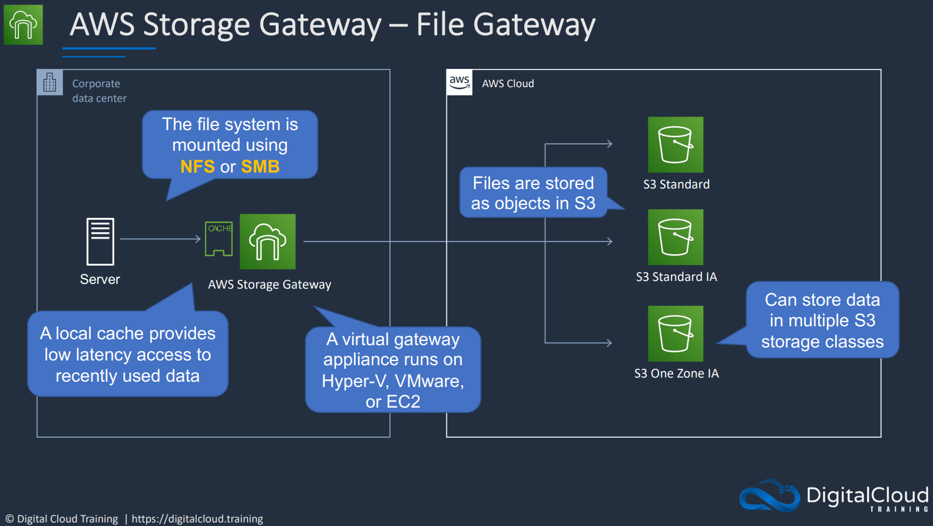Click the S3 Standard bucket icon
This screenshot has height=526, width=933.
pyautogui.click(x=676, y=144)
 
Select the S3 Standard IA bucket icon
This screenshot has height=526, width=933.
pyautogui.click(x=676, y=237)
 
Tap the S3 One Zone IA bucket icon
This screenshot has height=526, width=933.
pyautogui.click(x=676, y=333)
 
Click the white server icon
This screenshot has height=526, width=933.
pyautogui.click(x=100, y=242)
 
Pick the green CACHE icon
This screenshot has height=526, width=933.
pyautogui.click(x=219, y=239)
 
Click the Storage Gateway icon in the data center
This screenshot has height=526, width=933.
pyautogui.click(x=267, y=242)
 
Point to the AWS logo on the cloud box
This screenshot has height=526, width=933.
pyautogui.click(x=459, y=82)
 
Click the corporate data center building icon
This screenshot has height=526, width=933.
pyautogui.click(x=50, y=82)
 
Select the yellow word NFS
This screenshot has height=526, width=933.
pyautogui.click(x=197, y=167)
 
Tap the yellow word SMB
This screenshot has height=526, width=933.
pyautogui.click(x=260, y=167)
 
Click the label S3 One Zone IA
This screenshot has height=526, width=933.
pyautogui.click(x=676, y=373)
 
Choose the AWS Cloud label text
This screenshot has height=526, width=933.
pyautogui.click(x=508, y=83)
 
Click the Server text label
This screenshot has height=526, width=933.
pyautogui.click(x=100, y=279)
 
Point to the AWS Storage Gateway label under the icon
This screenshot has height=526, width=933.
pyautogui.click(x=270, y=284)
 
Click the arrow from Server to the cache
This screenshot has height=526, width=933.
pyautogui.click(x=160, y=239)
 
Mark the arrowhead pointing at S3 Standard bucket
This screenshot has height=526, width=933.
pyautogui.click(x=610, y=144)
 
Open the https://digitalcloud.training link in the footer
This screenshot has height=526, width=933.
pyautogui.click(x=197, y=519)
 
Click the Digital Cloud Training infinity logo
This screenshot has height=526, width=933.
pyautogui.click(x=770, y=495)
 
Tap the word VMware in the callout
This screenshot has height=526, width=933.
pyautogui.click(x=429, y=381)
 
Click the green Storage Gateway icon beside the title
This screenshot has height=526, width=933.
pyautogui.click(x=24, y=25)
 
